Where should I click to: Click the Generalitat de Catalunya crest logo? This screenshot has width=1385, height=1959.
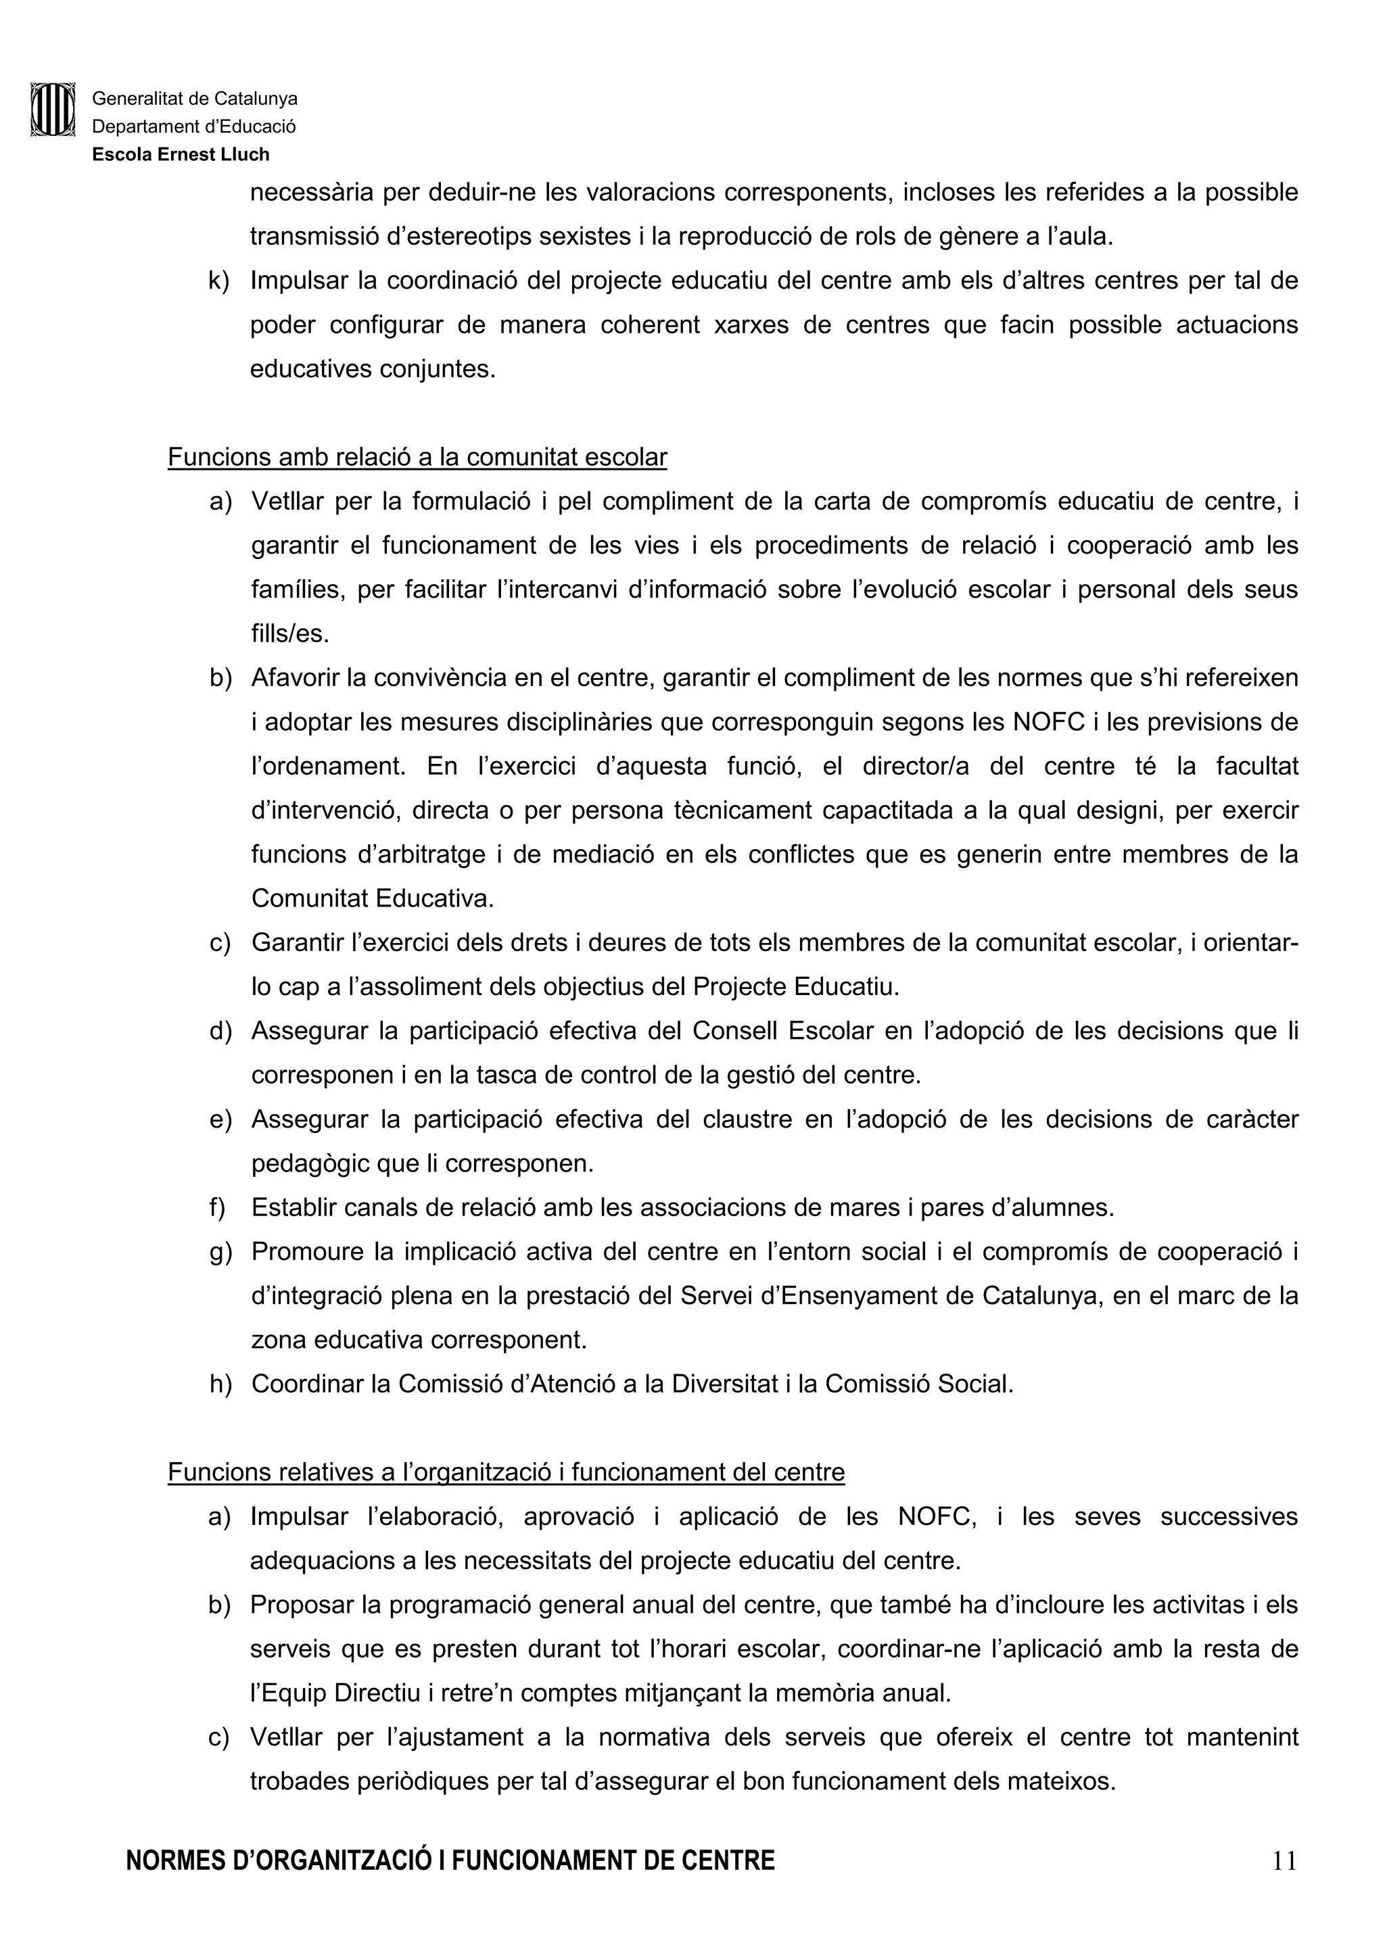[53, 110]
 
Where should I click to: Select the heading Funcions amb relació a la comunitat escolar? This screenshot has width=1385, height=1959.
[417, 458]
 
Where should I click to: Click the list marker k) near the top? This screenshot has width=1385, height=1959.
[218, 281]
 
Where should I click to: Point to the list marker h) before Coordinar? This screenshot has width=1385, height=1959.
[220, 1383]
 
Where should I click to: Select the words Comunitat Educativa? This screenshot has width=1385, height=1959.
[372, 898]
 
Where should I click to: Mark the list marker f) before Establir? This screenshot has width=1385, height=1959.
[217, 1207]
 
